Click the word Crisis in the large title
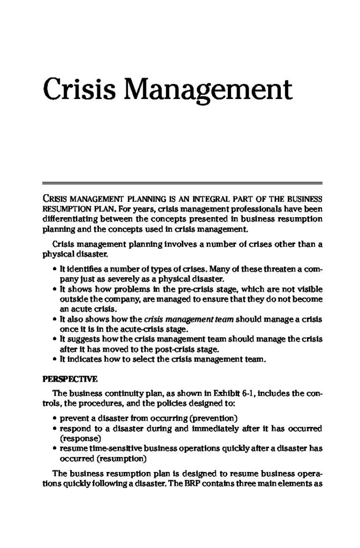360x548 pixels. [79, 89]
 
